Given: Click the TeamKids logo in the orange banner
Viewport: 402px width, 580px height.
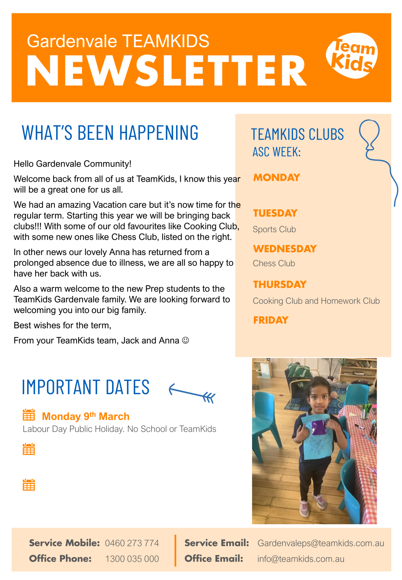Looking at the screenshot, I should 352,55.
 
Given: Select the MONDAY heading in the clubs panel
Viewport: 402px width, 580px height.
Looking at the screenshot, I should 277,178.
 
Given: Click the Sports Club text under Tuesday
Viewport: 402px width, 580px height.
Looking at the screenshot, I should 274,229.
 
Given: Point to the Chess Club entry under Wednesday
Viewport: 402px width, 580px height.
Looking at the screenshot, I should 274,263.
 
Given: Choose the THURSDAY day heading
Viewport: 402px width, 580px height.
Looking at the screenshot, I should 280,284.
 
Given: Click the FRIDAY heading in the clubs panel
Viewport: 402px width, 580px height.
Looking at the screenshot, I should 271,320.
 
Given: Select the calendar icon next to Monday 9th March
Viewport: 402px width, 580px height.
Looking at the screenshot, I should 29,415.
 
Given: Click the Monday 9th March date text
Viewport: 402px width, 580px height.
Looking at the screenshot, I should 86,416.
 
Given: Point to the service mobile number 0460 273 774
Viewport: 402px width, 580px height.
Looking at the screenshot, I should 132,543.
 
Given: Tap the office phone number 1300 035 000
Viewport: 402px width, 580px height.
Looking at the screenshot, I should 132,559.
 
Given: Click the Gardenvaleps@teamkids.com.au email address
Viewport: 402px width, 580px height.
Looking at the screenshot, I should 320,543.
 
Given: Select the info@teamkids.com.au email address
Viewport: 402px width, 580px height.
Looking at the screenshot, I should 301,559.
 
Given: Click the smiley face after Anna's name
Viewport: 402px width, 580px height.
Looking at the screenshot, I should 185,340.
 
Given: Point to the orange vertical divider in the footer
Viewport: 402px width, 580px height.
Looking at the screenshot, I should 175,551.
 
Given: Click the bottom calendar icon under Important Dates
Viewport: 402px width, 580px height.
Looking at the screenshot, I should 29,485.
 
